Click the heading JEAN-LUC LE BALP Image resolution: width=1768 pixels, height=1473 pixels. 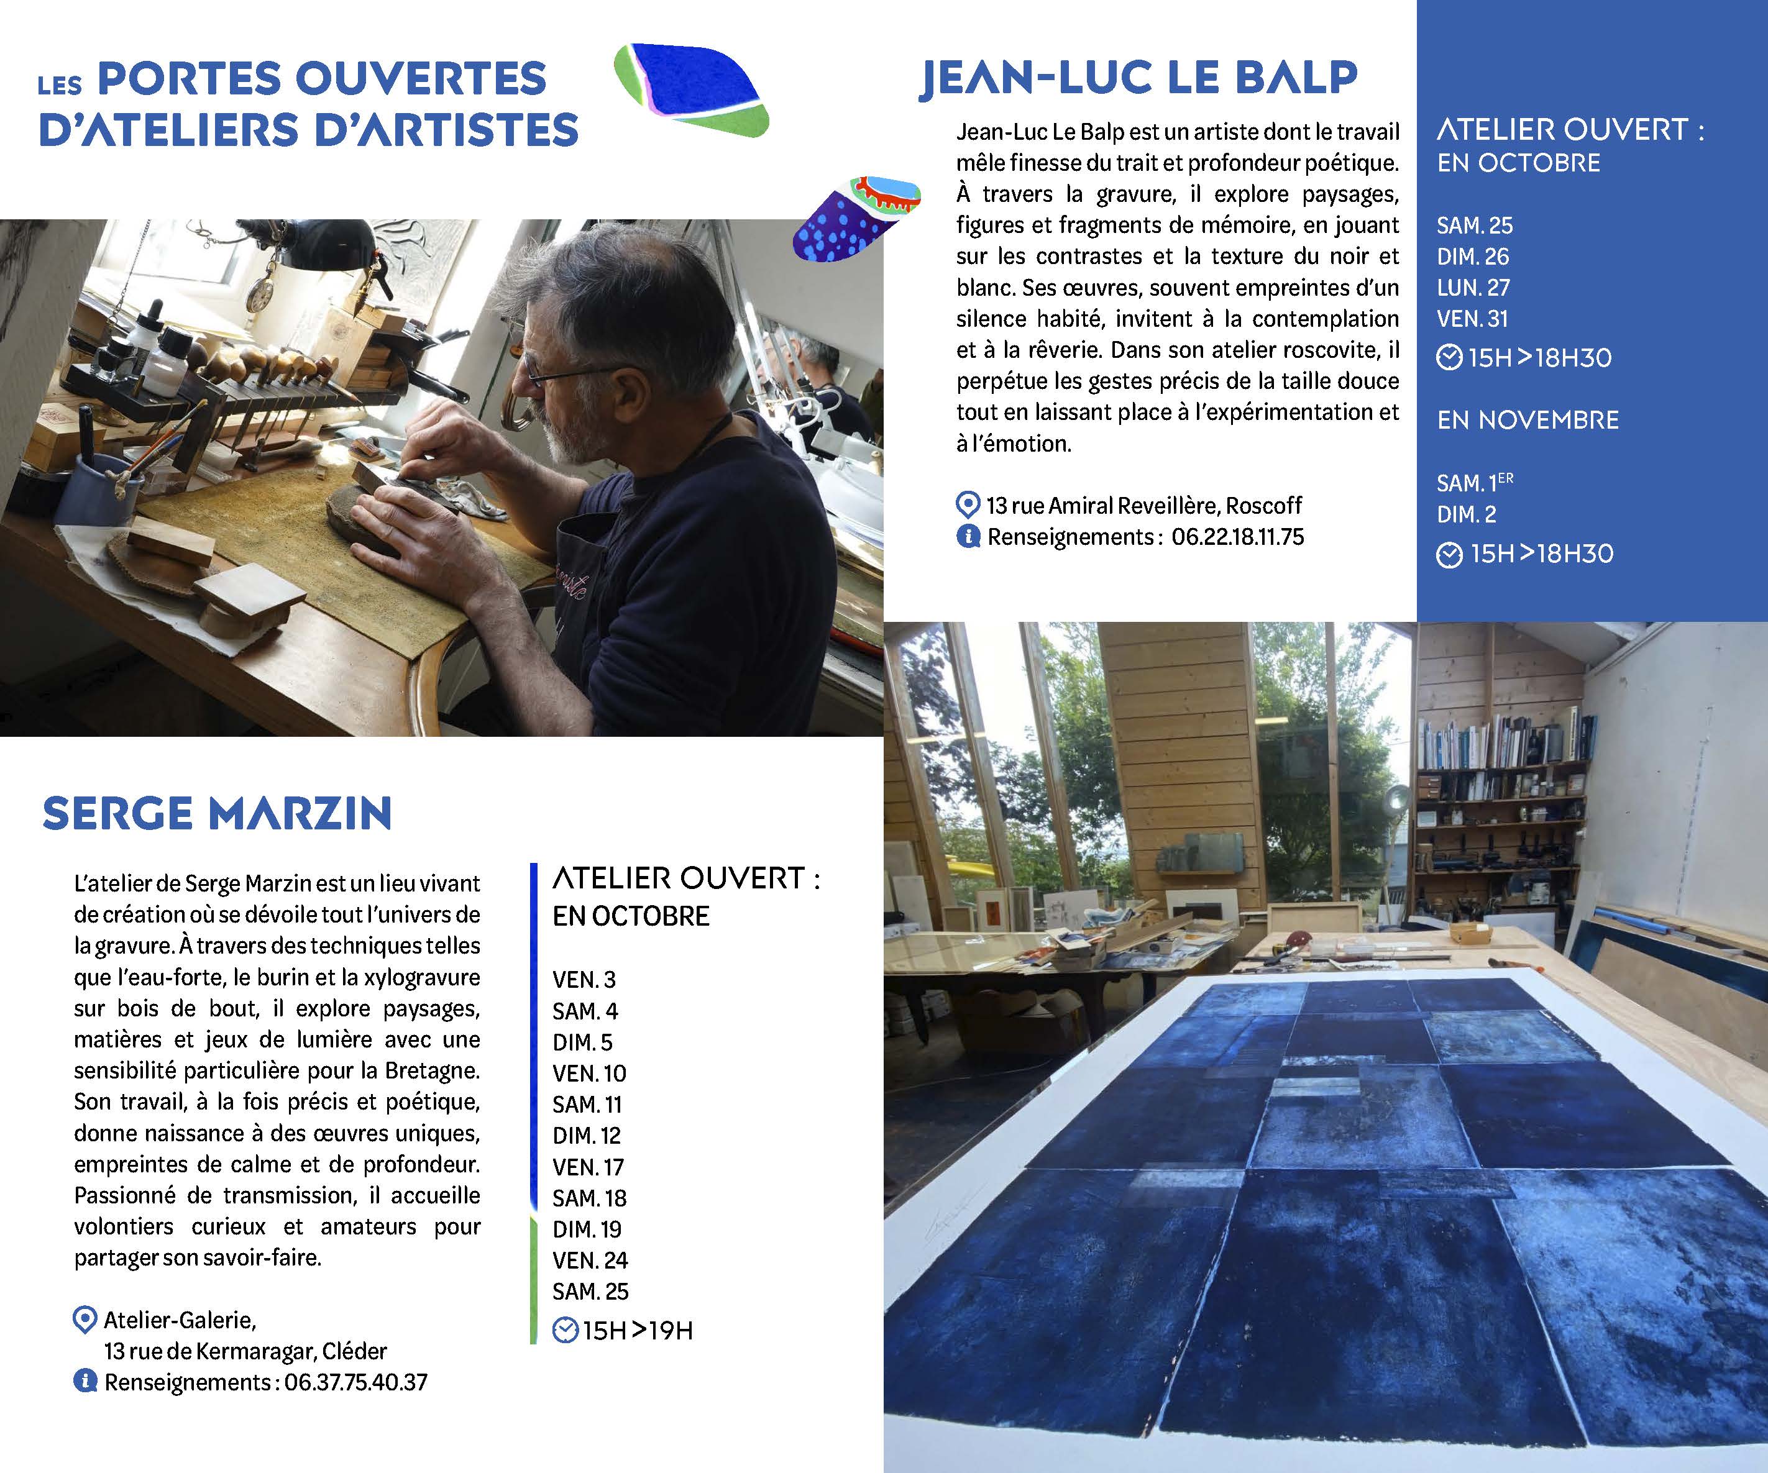click(1138, 78)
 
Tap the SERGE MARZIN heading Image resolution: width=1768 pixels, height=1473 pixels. click(218, 813)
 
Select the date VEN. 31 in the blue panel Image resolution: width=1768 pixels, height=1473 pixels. click(1472, 319)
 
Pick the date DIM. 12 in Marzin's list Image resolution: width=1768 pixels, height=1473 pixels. click(586, 1136)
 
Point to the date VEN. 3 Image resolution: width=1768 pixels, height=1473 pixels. click(584, 980)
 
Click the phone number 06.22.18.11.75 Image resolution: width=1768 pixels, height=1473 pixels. click(1237, 537)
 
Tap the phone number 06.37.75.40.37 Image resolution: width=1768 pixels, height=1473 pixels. click(355, 1382)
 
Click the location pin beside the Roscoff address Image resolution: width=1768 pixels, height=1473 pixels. click(968, 505)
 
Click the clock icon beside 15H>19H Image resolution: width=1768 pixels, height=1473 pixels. click(565, 1331)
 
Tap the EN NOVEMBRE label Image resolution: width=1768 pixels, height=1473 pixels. click(1528, 420)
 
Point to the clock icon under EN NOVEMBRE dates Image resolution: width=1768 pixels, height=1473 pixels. click(1449, 555)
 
